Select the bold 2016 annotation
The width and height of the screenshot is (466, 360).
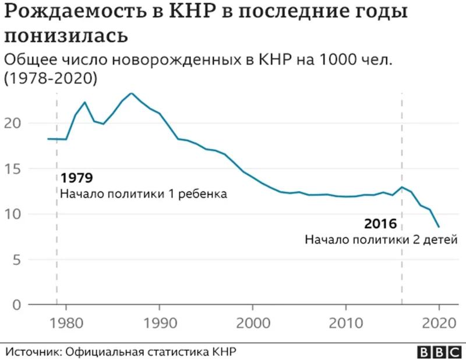pos(380,224)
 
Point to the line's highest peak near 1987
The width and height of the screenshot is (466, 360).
pos(131,93)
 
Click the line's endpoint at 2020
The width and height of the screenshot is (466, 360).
pos(439,227)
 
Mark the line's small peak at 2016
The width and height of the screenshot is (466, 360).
pos(401,187)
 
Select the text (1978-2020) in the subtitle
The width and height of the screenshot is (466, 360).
pos(51,77)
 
